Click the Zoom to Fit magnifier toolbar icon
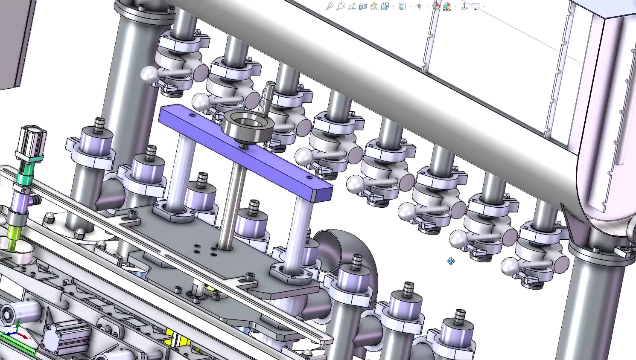tap(329, 6)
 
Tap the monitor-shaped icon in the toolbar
tap(476, 6)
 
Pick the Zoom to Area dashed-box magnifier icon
tap(340, 6)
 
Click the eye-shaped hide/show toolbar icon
tap(419, 6)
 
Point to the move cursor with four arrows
tap(451, 261)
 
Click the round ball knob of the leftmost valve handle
tap(148, 74)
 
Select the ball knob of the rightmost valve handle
tap(508, 267)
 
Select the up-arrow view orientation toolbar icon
tap(464, 6)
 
